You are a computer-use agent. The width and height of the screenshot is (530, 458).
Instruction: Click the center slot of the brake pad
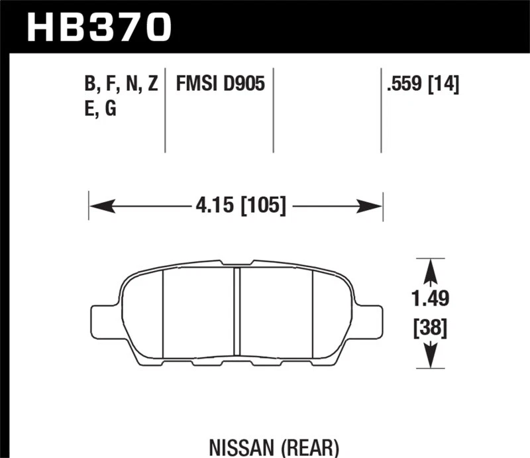coord(236,312)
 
